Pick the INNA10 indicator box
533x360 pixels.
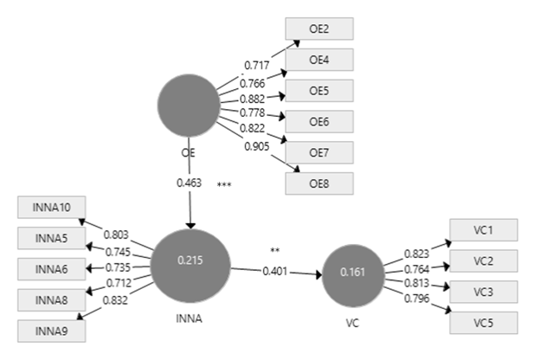[51, 209]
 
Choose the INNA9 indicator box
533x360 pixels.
[51, 330]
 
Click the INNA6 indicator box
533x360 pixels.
[51, 269]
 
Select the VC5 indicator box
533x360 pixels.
[483, 324]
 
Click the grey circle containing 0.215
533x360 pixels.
[191, 260]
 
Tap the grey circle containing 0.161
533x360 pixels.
[351, 273]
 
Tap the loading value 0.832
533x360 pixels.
[116, 299]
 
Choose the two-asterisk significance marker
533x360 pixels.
[274, 251]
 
